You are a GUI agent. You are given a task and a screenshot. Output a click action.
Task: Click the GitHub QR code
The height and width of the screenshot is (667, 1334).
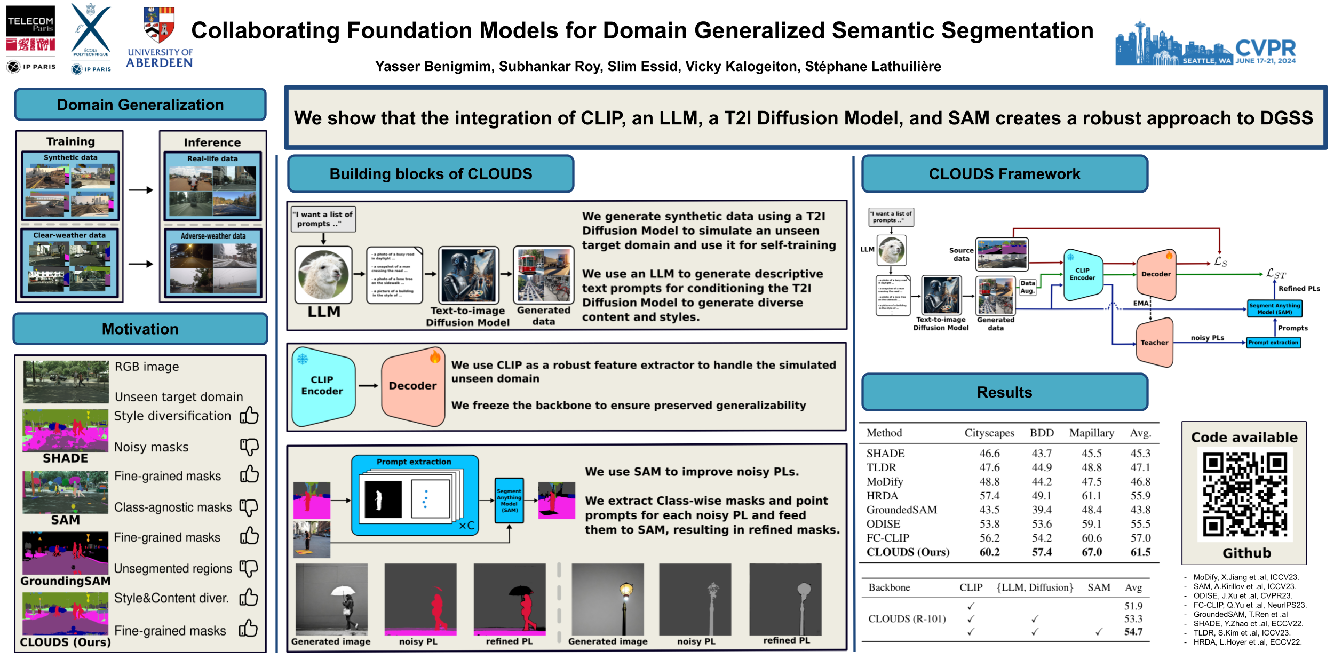1244,494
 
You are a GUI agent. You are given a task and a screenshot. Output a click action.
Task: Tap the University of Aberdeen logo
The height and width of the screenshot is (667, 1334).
159,37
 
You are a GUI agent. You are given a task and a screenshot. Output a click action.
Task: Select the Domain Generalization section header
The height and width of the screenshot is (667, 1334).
140,105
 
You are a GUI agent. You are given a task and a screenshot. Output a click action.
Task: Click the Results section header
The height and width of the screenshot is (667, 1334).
1004,392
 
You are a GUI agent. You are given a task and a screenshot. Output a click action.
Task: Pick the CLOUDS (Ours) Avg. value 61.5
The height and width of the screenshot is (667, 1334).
1140,552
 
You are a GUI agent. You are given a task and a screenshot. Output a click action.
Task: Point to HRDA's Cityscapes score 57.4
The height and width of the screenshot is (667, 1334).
989,496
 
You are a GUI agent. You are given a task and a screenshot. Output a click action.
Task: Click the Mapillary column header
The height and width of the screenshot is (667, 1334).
1091,433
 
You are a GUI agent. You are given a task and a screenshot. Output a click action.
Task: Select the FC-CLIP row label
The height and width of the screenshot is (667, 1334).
888,538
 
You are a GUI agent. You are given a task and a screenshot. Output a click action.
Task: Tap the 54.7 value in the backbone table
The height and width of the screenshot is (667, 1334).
1133,632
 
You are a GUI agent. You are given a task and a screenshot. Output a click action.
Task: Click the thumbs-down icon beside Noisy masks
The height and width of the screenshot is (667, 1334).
249,447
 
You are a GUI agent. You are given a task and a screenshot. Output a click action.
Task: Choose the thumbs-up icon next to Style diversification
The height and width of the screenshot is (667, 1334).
249,415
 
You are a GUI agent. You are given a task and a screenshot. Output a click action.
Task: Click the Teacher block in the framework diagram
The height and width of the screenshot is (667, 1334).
1154,343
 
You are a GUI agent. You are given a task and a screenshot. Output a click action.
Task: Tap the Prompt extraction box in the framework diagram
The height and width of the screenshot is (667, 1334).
1273,343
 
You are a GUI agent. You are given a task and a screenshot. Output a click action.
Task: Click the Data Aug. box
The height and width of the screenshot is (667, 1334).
1028,287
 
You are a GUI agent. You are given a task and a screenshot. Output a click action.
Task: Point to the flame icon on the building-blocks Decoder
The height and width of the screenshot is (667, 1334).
435,356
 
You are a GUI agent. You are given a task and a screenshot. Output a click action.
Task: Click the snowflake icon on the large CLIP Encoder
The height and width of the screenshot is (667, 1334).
303,359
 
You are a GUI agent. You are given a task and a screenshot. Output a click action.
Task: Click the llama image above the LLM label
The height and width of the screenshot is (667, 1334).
323,275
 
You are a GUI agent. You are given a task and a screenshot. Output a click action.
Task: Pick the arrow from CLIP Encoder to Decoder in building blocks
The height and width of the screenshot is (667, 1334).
368,385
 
